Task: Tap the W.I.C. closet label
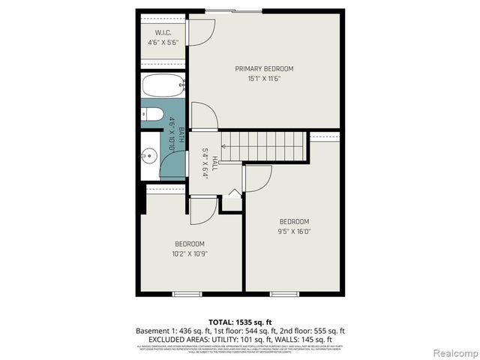pyautogui.click(x=164, y=33)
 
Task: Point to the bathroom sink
pyautogui.click(x=148, y=157)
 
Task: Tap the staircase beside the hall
pyautogui.click(x=266, y=145)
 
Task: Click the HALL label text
pyautogui.click(x=214, y=163)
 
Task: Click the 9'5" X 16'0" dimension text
pyautogui.click(x=294, y=231)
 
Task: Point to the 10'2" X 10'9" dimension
pyautogui.click(x=189, y=253)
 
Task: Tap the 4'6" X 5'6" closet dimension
pyautogui.click(x=164, y=43)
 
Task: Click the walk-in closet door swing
pyautogui.click(x=201, y=31)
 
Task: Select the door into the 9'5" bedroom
pyautogui.click(x=257, y=178)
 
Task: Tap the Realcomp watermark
pyautogui.click(x=453, y=352)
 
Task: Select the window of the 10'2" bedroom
pyautogui.click(x=187, y=294)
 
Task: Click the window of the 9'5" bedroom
pyautogui.click(x=285, y=294)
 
